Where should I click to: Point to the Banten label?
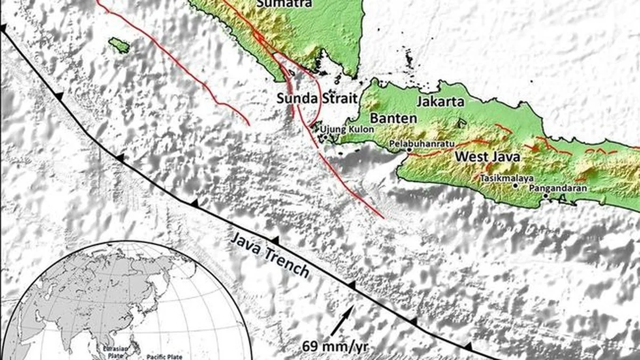coord(394,118)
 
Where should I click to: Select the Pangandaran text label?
coord(558,188)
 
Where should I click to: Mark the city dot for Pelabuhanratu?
coord(409,150)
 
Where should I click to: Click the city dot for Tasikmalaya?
coord(515,186)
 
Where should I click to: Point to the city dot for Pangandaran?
coord(546,196)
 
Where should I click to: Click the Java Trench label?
coord(270,255)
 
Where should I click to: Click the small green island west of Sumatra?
coord(119,45)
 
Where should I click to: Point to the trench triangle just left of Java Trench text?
coord(195,203)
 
